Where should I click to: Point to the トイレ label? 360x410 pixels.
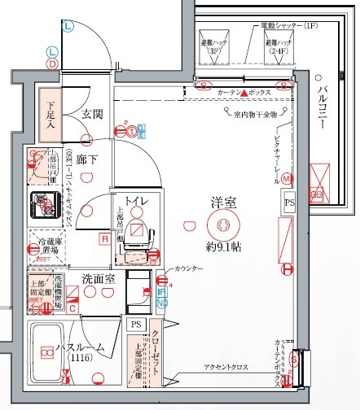(x=136, y=199)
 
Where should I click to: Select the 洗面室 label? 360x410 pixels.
(x=98, y=279)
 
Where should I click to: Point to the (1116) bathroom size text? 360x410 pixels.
(x=79, y=359)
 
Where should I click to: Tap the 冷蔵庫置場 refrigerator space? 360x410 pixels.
(x=46, y=246)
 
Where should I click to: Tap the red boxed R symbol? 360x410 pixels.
(x=103, y=238)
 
